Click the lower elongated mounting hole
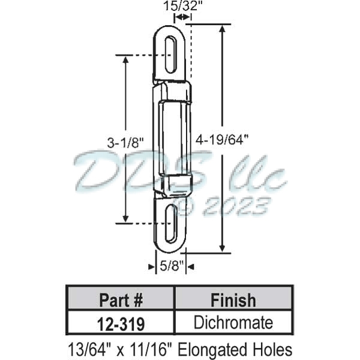[172, 223]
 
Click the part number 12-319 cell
[120, 323]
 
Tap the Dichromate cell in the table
[233, 323]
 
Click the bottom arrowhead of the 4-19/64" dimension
[223, 249]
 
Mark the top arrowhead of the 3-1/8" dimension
[125, 59]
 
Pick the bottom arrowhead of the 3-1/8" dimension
[125, 219]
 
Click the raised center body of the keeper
[172, 138]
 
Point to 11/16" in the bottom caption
[153, 349]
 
